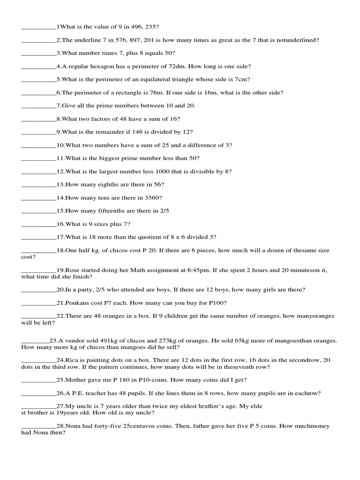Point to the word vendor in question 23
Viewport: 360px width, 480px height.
tap(73, 341)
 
